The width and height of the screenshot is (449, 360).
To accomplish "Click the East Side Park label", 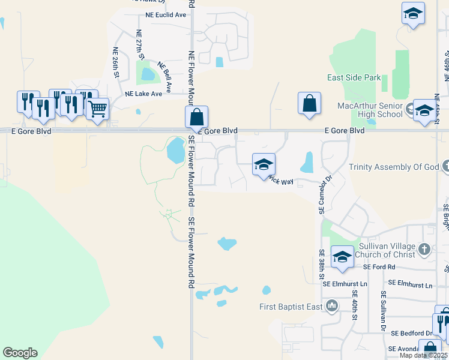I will click(354, 77).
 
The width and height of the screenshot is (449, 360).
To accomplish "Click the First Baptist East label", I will click(291, 307).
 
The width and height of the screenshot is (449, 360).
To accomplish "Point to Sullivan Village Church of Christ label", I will click(387, 250).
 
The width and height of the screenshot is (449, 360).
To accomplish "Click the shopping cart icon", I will click(97, 109).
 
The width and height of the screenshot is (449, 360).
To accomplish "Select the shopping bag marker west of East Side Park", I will click(309, 103).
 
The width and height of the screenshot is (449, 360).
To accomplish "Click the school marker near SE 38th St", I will click(342, 257).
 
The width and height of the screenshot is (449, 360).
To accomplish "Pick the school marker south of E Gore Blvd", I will click(264, 164).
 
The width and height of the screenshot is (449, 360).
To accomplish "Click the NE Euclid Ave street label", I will click(166, 15).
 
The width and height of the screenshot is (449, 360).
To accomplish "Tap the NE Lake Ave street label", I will click(143, 94).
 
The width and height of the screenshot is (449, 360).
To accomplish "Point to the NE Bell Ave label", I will click(165, 77).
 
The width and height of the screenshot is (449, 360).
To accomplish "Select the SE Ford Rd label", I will click(382, 266).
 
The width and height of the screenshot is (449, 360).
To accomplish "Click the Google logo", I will click(20, 353).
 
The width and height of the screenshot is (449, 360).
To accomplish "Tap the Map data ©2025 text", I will click(423, 355).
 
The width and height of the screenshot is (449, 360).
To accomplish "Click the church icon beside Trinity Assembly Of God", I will click(445, 166).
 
